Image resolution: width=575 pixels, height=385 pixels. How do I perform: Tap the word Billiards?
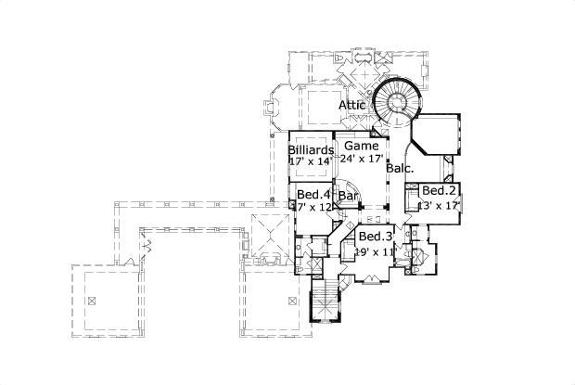point(311,150)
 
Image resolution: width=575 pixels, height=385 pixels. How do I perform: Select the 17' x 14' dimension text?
point(311,161)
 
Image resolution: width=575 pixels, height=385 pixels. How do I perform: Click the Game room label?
point(361,147)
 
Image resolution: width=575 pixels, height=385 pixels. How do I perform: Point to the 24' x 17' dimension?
point(362,159)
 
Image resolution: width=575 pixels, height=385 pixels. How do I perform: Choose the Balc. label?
point(400,169)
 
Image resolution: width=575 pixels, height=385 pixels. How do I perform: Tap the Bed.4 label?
point(313,194)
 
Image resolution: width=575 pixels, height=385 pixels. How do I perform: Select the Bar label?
point(349,197)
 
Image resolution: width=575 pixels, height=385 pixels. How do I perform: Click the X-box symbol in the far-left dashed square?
point(94,301)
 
